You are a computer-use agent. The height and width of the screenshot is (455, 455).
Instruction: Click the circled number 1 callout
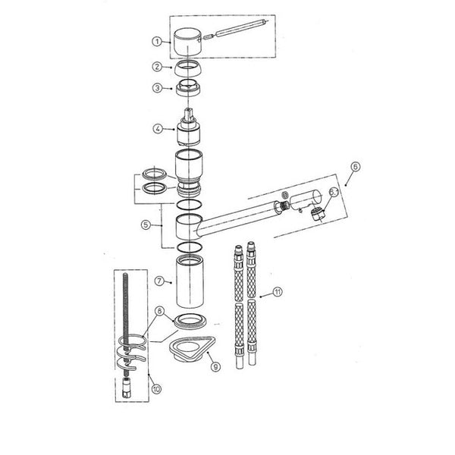pos(157,42)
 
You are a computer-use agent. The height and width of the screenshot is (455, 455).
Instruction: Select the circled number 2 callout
pos(157,67)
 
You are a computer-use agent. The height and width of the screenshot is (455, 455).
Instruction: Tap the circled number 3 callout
pos(157,88)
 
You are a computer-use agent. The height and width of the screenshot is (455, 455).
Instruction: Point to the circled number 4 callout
pos(158,129)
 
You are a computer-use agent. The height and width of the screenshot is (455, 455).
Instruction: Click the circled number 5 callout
pos(146,224)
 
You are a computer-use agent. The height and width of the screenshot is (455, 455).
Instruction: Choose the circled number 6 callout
pos(356,167)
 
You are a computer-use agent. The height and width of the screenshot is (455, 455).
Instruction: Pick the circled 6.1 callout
pos(334,192)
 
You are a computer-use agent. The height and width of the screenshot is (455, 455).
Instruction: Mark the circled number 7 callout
pos(159,281)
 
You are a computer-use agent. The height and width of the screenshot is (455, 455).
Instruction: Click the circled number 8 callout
pos(159,312)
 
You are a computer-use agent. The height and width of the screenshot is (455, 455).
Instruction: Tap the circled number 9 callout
pos(215,367)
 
